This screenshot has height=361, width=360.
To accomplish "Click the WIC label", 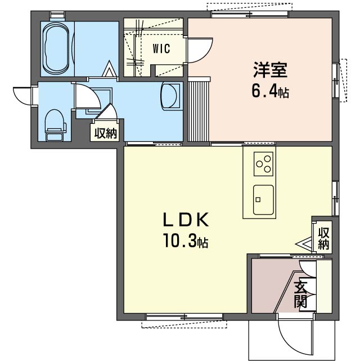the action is (161, 48).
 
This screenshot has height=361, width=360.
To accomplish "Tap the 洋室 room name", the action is (271, 70).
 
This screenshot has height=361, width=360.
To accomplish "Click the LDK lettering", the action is (186, 220).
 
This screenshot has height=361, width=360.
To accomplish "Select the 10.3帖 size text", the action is (186, 240).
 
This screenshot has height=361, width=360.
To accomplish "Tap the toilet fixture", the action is (55, 125).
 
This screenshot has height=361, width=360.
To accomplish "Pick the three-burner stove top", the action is (263, 164).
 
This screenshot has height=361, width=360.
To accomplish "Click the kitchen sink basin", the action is (263, 199).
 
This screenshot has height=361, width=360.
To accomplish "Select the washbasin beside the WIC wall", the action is (170, 96).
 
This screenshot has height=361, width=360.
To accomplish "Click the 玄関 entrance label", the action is (300, 295).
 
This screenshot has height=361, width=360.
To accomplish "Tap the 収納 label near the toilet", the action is (106, 133).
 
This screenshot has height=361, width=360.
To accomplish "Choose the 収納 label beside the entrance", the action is (323, 238).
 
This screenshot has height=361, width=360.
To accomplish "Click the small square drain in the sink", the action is (258, 199).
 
